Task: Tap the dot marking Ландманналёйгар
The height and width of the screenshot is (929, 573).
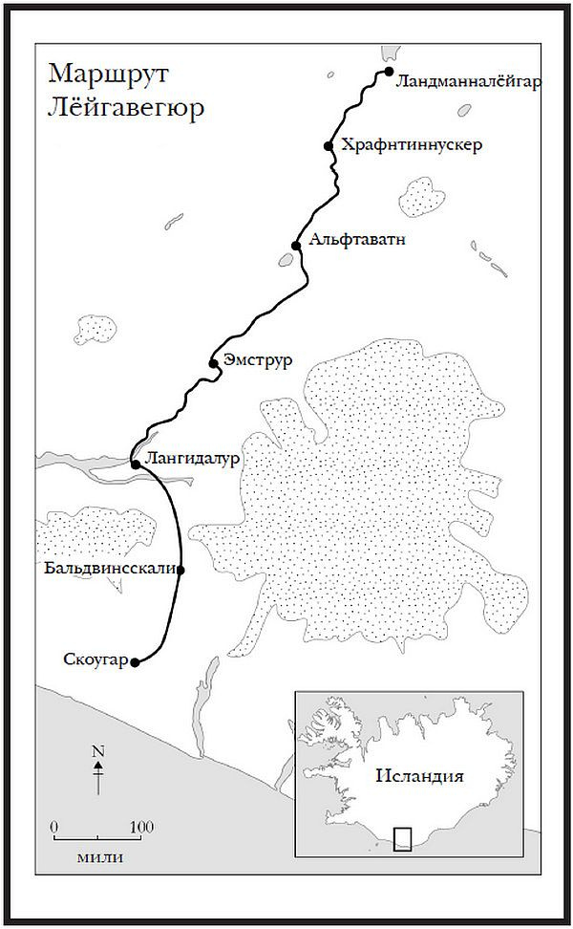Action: pyautogui.click(x=390, y=72)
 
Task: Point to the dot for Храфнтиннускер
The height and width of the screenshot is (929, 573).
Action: pyautogui.click(x=329, y=146)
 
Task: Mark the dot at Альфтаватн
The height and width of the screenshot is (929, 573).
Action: pyautogui.click(x=296, y=246)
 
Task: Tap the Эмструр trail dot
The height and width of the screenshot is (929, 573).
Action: pyautogui.click(x=214, y=363)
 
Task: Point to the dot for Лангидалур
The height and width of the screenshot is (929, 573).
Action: pyautogui.click(x=136, y=464)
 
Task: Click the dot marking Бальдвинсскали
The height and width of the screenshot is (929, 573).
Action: pyautogui.click(x=180, y=570)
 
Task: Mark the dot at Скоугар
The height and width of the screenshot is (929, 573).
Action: pyautogui.click(x=136, y=661)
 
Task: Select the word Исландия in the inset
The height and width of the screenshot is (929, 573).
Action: pyautogui.click(x=418, y=775)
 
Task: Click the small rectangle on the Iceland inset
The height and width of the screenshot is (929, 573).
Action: pyautogui.click(x=403, y=838)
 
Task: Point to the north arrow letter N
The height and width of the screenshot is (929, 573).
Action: pyautogui.click(x=97, y=751)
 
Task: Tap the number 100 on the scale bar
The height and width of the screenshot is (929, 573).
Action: pyautogui.click(x=141, y=826)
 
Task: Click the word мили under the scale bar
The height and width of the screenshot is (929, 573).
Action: pyautogui.click(x=98, y=856)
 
